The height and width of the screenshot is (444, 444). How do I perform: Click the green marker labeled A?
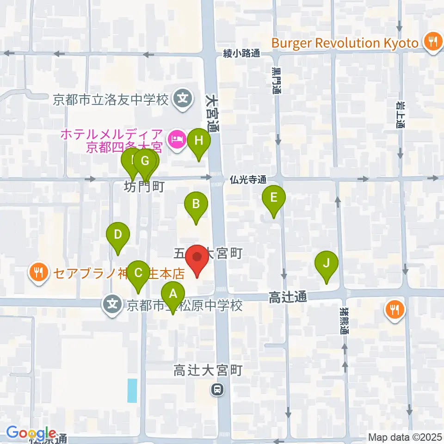[173, 294]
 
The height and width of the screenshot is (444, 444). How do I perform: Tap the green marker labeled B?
[196, 204]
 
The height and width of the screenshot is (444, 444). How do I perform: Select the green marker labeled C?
[138, 273]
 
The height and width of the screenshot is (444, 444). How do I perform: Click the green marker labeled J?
[326, 264]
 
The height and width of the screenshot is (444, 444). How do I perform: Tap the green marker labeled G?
[145, 162]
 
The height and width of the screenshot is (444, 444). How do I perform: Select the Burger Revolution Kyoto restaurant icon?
[432, 43]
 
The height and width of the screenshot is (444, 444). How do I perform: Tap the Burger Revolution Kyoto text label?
[345, 43]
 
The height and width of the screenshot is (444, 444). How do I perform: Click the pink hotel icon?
[176, 137]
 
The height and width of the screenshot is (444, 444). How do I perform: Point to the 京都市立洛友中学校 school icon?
[183, 99]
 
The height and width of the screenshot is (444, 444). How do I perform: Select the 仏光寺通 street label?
[248, 179]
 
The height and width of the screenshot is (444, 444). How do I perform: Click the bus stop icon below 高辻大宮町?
[216, 390]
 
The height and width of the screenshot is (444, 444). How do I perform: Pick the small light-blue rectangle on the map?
[132, 390]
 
